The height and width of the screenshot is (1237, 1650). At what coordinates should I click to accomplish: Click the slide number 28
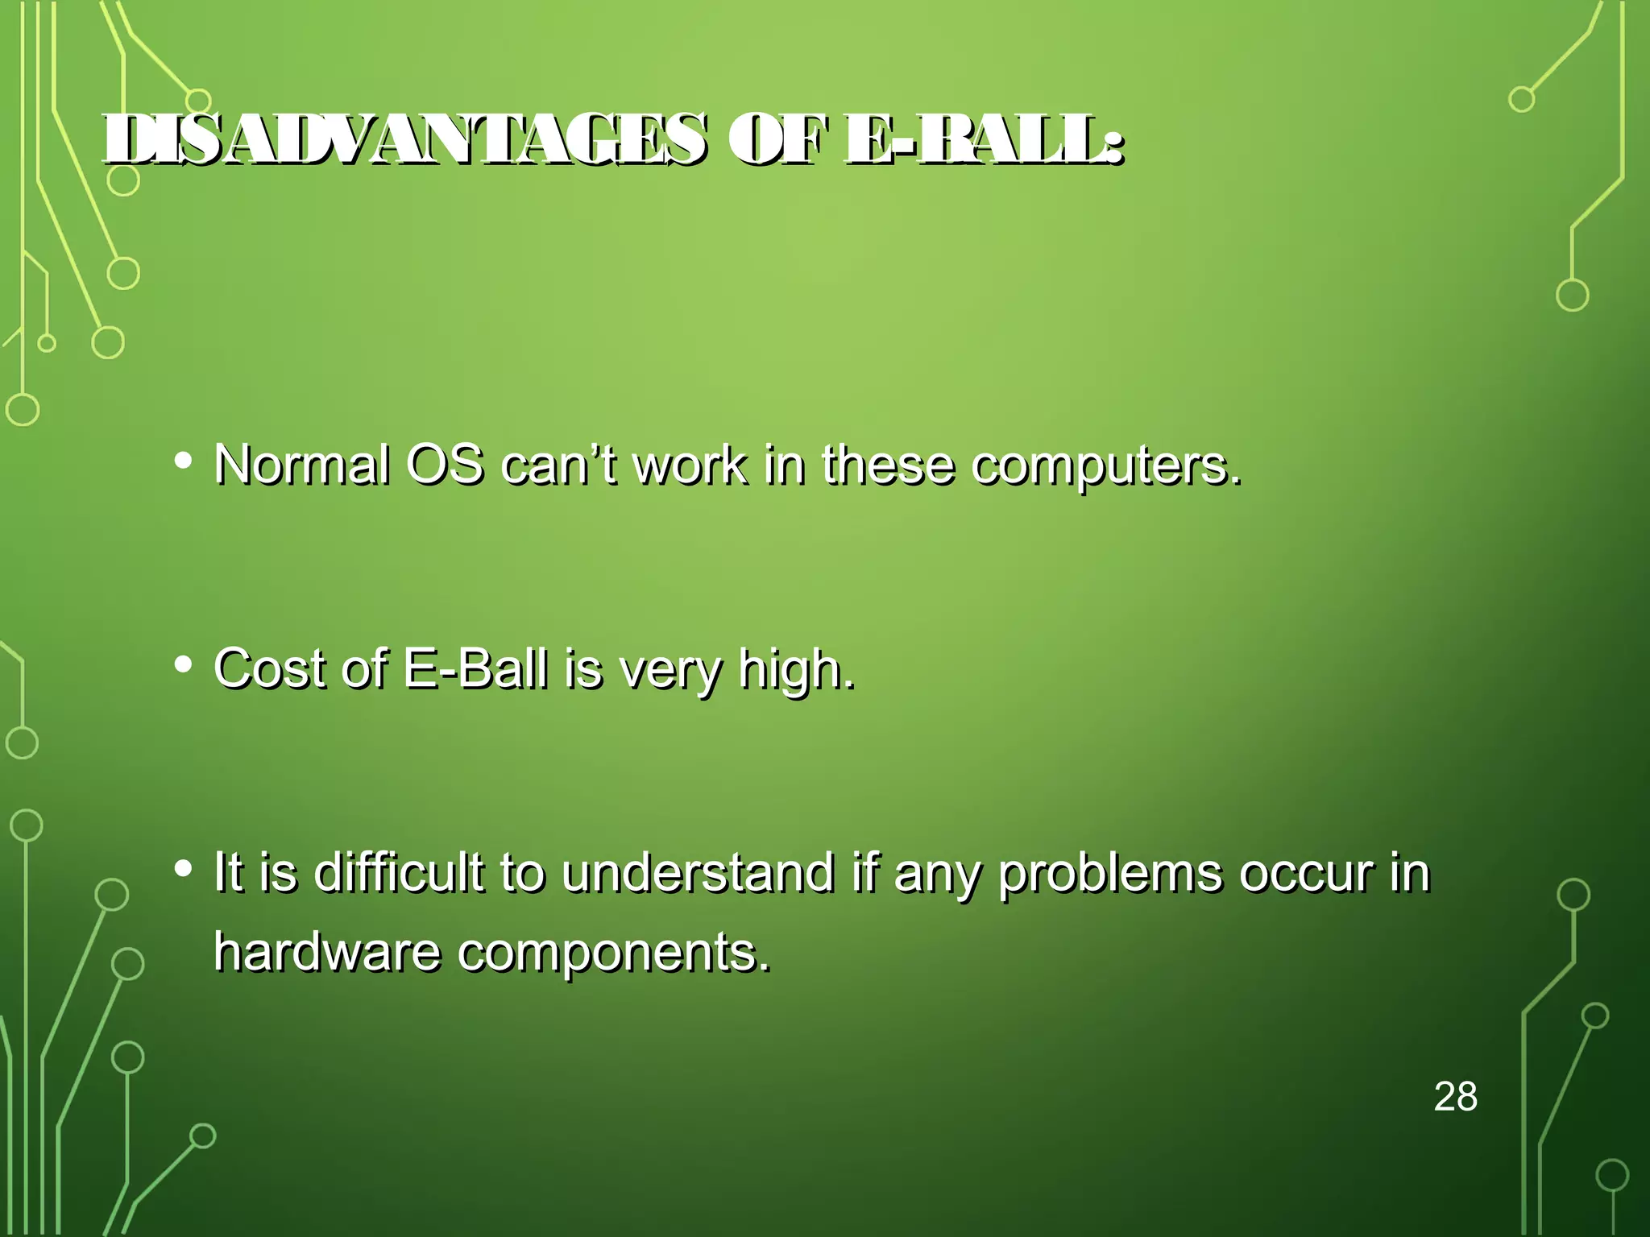pyautogui.click(x=1456, y=1097)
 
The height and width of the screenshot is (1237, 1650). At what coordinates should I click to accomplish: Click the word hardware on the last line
pyautogui.click(x=327, y=952)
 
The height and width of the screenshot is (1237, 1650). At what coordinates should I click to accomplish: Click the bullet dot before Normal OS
pyautogui.click(x=184, y=461)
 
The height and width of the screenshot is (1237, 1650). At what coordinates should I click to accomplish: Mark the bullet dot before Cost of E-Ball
pyautogui.click(x=184, y=664)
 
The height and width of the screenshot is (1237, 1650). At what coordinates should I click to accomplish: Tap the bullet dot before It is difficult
pyautogui.click(x=184, y=868)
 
